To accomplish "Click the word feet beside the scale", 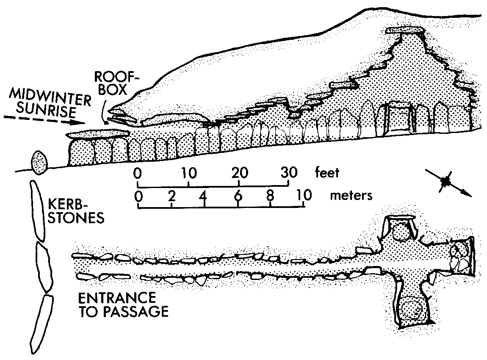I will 327,172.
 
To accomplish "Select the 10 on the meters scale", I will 303,195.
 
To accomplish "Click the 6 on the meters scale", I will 238,195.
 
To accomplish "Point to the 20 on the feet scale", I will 239,172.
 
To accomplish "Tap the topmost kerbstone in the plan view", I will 37,210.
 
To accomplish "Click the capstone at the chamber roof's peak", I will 406,30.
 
